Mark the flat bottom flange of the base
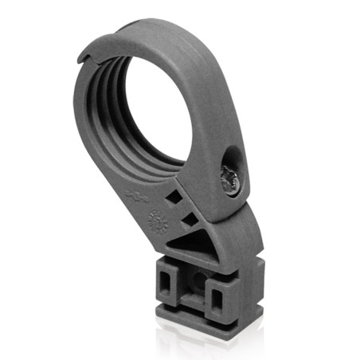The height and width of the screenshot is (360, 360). coord(199,323)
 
